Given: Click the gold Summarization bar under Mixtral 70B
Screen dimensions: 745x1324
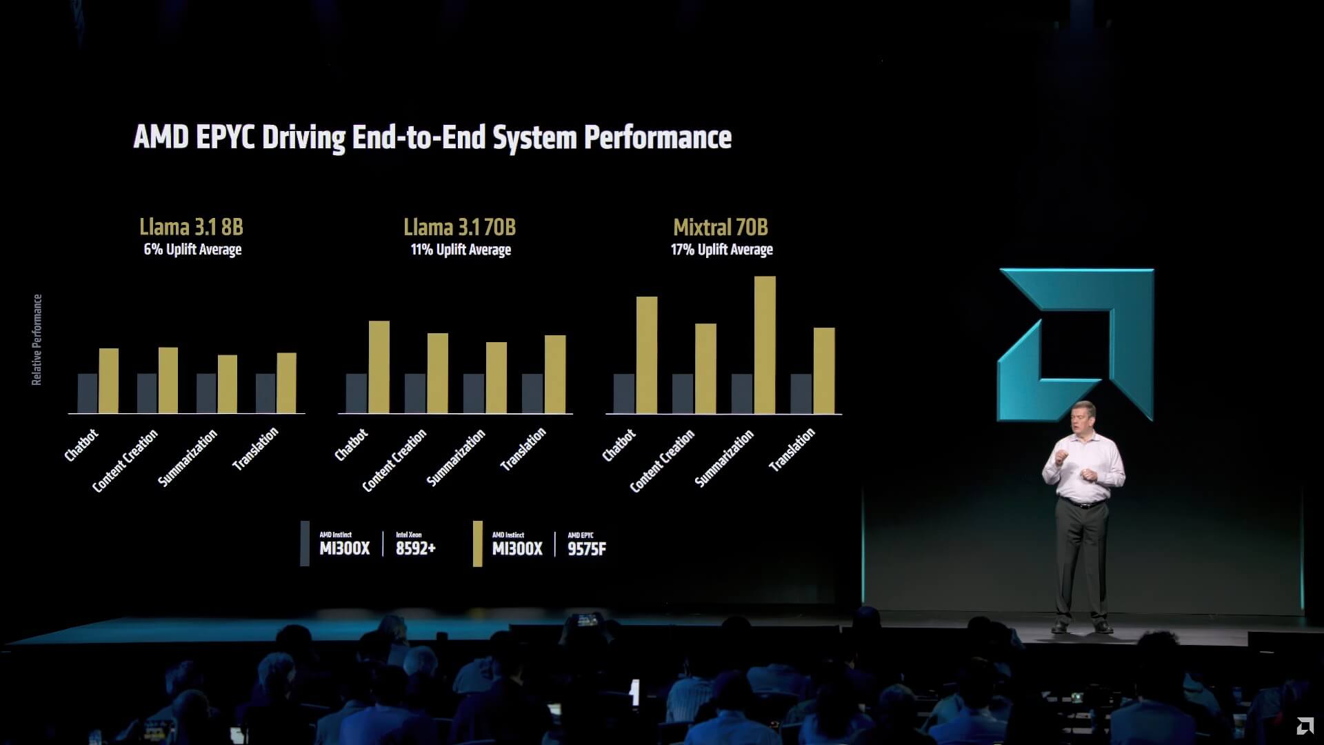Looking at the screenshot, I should [765, 345].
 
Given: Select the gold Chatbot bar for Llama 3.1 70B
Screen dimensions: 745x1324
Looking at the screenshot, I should [379, 367].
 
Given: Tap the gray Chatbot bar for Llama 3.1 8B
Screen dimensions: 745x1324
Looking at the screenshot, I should [88, 393].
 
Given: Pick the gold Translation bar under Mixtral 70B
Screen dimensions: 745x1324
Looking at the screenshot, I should [824, 370].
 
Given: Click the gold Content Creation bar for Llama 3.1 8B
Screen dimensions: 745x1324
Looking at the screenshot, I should [168, 380].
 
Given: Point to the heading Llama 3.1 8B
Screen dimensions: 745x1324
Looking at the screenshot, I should [191, 227].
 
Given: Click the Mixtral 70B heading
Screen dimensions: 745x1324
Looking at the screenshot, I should [721, 227].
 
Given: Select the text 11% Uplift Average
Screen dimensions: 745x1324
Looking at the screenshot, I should [461, 250].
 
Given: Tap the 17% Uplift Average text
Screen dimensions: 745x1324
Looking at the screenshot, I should [721, 250].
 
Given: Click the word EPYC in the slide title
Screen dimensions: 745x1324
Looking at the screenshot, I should [225, 137].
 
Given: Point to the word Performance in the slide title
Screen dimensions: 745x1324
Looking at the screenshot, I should [657, 137].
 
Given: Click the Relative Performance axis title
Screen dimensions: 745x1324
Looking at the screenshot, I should [37, 339].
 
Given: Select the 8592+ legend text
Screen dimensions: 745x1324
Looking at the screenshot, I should [415, 548].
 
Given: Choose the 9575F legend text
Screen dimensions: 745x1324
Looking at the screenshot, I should [587, 549].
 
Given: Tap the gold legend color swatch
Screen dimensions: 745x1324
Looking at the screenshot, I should [477, 544].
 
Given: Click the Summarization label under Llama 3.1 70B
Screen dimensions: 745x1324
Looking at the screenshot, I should [456, 457].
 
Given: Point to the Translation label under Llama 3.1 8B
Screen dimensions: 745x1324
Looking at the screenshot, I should [255, 448].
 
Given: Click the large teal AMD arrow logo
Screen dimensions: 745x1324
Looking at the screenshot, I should [1076, 344].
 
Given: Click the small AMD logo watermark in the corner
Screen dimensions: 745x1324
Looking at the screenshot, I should [1304, 727].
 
